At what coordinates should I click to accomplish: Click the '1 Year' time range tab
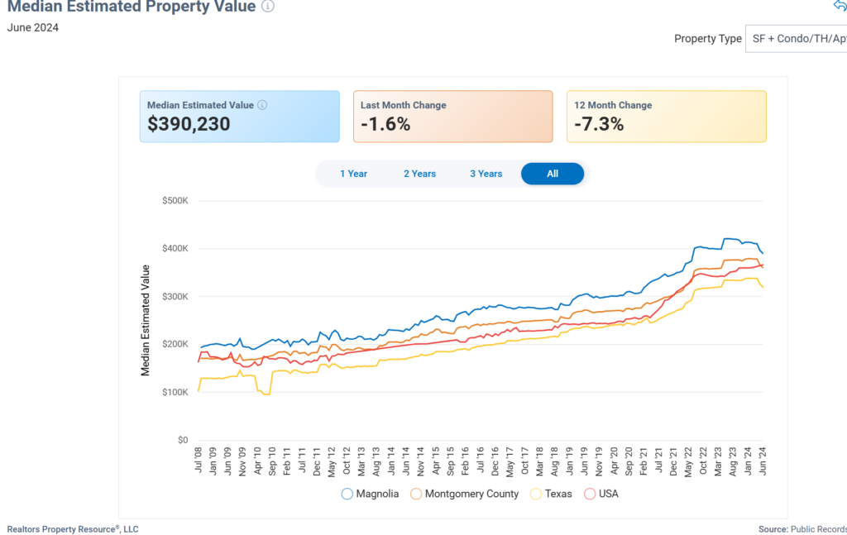pyautogui.click(x=353, y=174)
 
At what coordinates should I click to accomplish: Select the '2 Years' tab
pyautogui.click(x=419, y=174)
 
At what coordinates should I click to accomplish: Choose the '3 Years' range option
pyautogui.click(x=486, y=174)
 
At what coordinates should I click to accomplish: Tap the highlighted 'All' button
pyautogui.click(x=553, y=174)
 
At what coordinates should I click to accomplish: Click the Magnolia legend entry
pyautogui.click(x=370, y=494)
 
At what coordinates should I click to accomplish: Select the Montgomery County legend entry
pyautogui.click(x=465, y=494)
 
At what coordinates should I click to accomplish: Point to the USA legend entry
pyautogui.click(x=601, y=494)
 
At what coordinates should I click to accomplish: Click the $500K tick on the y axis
pyautogui.click(x=175, y=201)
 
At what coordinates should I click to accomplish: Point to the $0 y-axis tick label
pyautogui.click(x=181, y=441)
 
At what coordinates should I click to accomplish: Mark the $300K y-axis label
pyautogui.click(x=175, y=297)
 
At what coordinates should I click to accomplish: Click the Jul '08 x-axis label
pyautogui.click(x=199, y=460)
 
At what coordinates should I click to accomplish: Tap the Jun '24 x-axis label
pyautogui.click(x=760, y=460)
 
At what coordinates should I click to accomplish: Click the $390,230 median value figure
pyautogui.click(x=189, y=125)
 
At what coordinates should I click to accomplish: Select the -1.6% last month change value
pyautogui.click(x=385, y=125)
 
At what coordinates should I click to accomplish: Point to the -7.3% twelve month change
pyautogui.click(x=599, y=125)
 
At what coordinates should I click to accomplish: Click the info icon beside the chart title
pyautogui.click(x=268, y=6)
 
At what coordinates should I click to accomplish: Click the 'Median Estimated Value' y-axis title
pyautogui.click(x=146, y=320)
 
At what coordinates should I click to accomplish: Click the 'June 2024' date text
pyautogui.click(x=33, y=27)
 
